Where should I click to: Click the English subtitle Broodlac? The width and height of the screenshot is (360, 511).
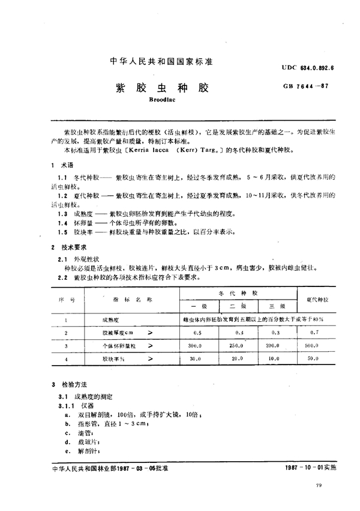159,102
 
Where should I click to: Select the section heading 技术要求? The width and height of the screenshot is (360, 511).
73,247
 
